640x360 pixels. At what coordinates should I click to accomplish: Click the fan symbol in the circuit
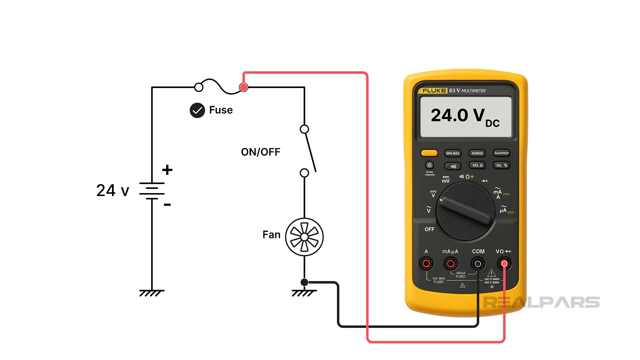[x=304, y=237]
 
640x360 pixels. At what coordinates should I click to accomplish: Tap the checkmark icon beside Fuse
[x=197, y=110]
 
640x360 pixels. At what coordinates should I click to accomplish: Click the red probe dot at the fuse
[x=244, y=87]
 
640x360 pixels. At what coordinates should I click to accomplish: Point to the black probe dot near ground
[x=304, y=282]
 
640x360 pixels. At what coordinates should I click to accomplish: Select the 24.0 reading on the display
[x=449, y=115]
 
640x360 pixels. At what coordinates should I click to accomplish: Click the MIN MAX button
[x=453, y=153]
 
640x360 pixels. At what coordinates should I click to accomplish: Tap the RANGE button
[x=477, y=153]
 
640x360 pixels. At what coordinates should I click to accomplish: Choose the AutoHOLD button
[x=501, y=153]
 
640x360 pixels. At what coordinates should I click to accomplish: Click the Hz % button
[x=501, y=165]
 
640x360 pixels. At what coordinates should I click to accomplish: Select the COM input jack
[x=478, y=264]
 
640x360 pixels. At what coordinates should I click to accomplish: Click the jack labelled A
[x=426, y=264]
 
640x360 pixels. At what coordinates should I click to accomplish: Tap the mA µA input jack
[x=450, y=264]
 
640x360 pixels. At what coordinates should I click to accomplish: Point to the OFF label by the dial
[x=429, y=229]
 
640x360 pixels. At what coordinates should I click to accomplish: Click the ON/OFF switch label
[x=260, y=152]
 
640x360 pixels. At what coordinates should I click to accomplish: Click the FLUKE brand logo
[x=434, y=91]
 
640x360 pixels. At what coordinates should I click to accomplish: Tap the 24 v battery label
[x=113, y=191]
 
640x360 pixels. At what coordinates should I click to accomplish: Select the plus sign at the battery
[x=167, y=170]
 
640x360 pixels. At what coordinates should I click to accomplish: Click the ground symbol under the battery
[x=152, y=293]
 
